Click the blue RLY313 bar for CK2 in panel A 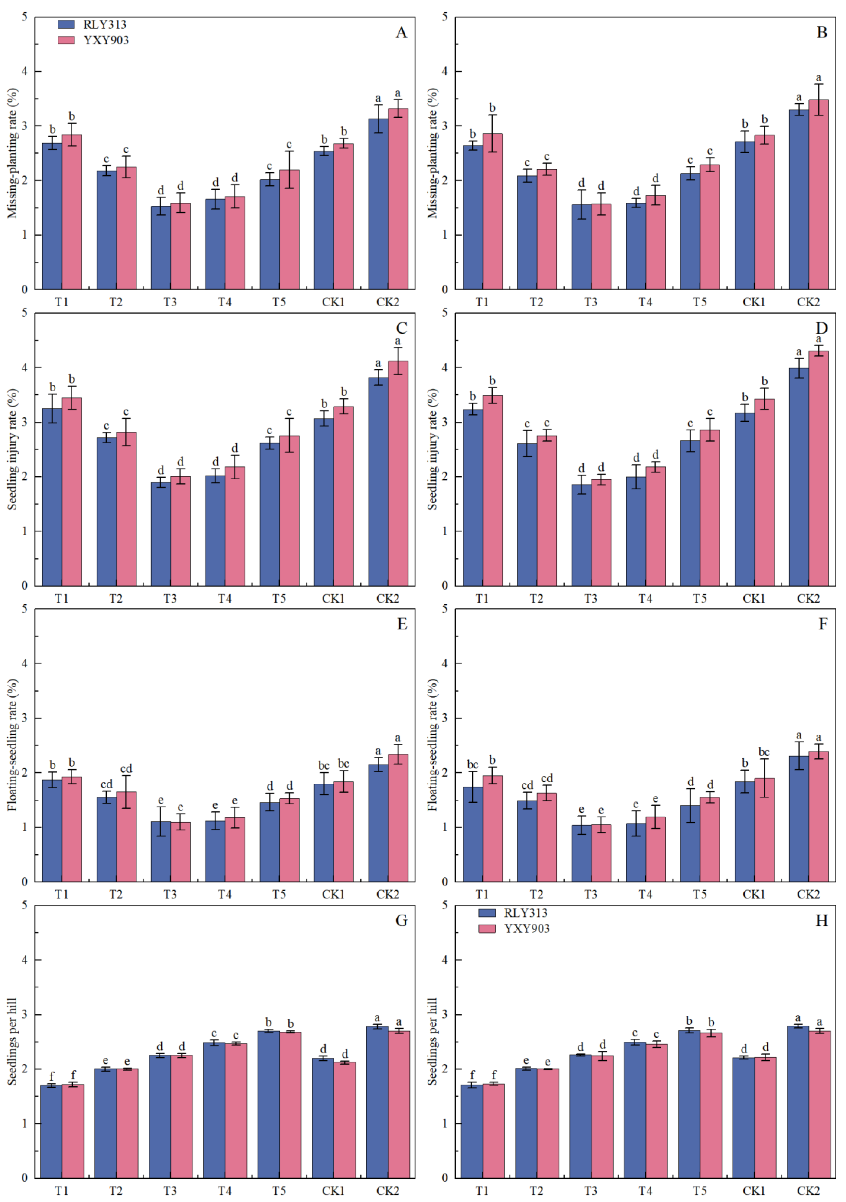coord(378,204)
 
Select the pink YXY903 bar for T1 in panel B coord(492,212)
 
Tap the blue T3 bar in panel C coord(161,534)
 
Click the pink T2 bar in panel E coord(126,836)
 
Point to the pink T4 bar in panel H coord(656,1111)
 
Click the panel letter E coord(402,624)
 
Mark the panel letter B coord(822,32)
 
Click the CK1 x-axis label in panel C coord(333,598)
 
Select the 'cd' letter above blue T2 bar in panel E coord(106,784)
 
